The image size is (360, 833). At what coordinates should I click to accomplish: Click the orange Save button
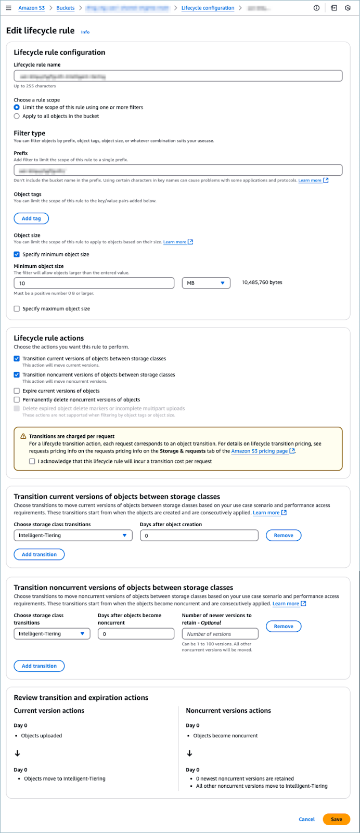click(x=336, y=819)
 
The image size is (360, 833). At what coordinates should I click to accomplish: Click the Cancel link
click(x=306, y=819)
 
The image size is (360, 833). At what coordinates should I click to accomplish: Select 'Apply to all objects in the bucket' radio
click(x=17, y=116)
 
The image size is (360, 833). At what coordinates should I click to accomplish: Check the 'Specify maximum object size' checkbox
click(x=17, y=309)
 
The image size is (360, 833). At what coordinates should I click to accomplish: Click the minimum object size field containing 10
click(x=94, y=283)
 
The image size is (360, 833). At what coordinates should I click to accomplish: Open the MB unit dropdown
click(x=206, y=283)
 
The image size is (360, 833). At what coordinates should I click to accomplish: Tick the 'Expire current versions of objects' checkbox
click(x=17, y=391)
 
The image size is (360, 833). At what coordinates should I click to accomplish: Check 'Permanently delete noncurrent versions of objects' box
click(x=17, y=400)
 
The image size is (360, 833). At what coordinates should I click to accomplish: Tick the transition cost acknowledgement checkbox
click(x=32, y=461)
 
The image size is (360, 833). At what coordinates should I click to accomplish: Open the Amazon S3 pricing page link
click(x=260, y=451)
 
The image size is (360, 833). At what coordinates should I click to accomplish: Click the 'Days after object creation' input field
click(x=199, y=536)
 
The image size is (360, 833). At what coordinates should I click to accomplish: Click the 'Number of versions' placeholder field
click(x=220, y=634)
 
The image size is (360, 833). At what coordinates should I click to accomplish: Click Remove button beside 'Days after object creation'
click(x=284, y=536)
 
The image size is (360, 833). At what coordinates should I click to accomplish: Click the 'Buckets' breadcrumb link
click(x=66, y=8)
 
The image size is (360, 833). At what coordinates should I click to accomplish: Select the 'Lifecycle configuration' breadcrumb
click(x=208, y=8)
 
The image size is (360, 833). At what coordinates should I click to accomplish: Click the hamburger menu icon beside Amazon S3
click(x=8, y=8)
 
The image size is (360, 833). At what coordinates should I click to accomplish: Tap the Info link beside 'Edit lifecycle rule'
click(x=85, y=32)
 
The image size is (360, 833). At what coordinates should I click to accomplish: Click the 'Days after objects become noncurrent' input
click(x=136, y=634)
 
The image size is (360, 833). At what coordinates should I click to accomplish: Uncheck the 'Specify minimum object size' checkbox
click(x=17, y=255)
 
